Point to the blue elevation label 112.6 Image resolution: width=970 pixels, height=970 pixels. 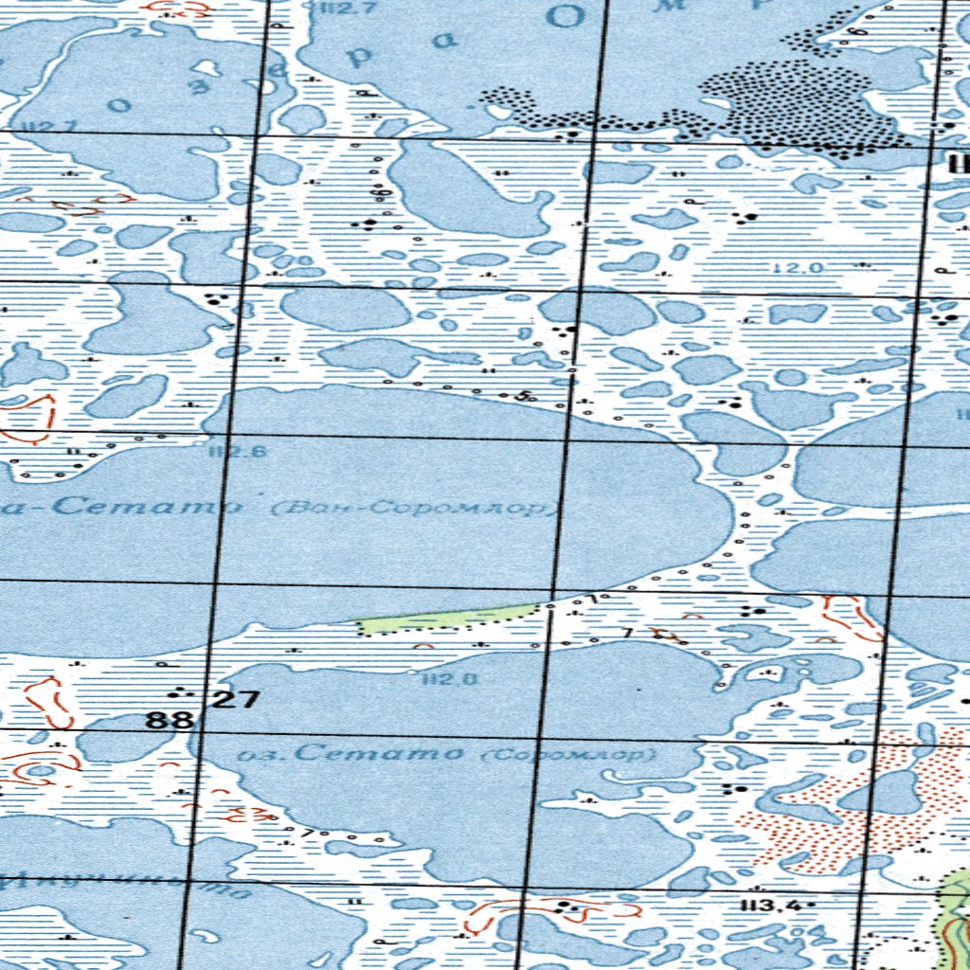coord(224,452)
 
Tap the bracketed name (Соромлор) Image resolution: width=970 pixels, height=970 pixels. coord(568,755)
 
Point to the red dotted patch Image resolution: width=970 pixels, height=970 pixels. coord(834,815)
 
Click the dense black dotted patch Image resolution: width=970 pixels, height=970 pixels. coord(796,104)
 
